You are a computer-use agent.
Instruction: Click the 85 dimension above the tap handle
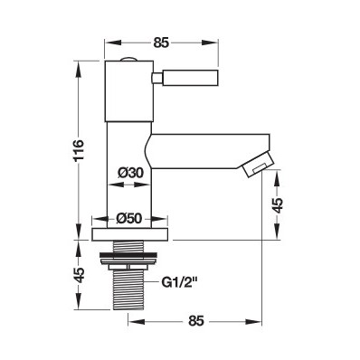coord(161,43)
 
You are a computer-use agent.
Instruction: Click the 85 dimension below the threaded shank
coord(196,321)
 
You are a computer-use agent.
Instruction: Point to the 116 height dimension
coord(78,150)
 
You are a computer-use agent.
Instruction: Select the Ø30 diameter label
coord(130,173)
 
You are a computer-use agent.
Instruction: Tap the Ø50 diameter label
coord(129,218)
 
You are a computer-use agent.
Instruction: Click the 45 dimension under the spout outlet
coord(278,205)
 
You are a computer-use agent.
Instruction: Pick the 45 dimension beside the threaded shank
coord(79,275)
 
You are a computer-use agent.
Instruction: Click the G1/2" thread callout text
coord(179,283)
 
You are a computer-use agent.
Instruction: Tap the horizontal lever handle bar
coord(190,77)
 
